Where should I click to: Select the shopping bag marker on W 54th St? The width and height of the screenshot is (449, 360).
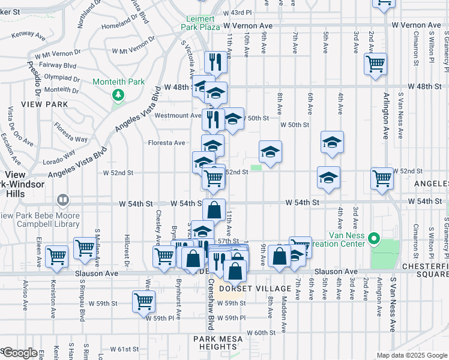tap(214, 210)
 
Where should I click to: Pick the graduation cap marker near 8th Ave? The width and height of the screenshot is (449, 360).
tap(270, 152)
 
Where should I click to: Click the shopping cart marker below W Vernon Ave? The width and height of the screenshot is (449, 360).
tap(375, 64)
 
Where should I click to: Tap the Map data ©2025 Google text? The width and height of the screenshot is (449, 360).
tap(412, 355)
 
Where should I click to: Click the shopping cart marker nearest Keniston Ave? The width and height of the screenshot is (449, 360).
tap(57, 256)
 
